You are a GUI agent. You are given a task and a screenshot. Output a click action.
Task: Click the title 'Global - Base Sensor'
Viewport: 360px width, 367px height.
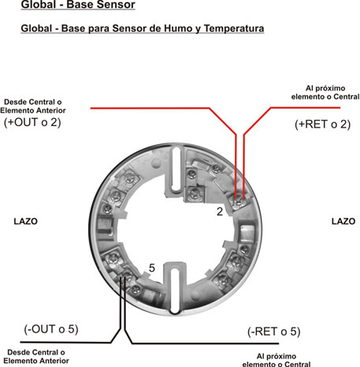coord(78,5)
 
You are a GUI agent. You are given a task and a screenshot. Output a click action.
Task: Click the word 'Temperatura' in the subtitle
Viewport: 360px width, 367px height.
coord(234,28)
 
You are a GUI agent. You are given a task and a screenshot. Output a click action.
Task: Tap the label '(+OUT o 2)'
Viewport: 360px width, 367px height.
coord(32,122)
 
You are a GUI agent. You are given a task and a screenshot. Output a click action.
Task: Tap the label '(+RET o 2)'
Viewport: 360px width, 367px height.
coord(322,124)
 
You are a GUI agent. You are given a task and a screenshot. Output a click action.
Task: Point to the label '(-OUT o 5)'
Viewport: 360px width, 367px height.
coord(51,329)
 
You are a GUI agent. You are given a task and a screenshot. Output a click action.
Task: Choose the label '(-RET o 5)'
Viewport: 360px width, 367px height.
coord(273,332)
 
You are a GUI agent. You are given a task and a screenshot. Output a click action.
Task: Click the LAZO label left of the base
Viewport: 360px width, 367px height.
coord(25,221)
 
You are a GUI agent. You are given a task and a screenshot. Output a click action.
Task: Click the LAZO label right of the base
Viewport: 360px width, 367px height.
coord(343,221)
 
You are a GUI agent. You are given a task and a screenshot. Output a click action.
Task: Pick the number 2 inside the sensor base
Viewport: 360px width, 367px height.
coord(220,212)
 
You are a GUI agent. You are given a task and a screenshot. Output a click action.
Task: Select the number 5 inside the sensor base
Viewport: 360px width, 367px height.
coord(152,268)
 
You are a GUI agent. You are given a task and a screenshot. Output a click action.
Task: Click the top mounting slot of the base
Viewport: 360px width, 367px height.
coord(176,169)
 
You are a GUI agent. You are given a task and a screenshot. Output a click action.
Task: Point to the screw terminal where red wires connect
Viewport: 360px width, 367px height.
coord(239,202)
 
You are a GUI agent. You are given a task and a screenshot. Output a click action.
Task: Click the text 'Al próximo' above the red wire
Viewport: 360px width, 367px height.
coord(325,88)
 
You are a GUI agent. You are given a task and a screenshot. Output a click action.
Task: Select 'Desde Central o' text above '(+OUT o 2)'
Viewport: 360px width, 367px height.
coord(33,102)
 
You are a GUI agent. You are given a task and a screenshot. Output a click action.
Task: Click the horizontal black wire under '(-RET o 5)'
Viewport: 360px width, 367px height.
coord(205,343)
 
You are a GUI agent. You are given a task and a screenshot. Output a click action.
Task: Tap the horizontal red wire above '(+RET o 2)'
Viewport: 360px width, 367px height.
coord(306,107)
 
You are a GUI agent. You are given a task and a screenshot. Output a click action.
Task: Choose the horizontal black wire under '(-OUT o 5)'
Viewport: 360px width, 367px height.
coord(65,343)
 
